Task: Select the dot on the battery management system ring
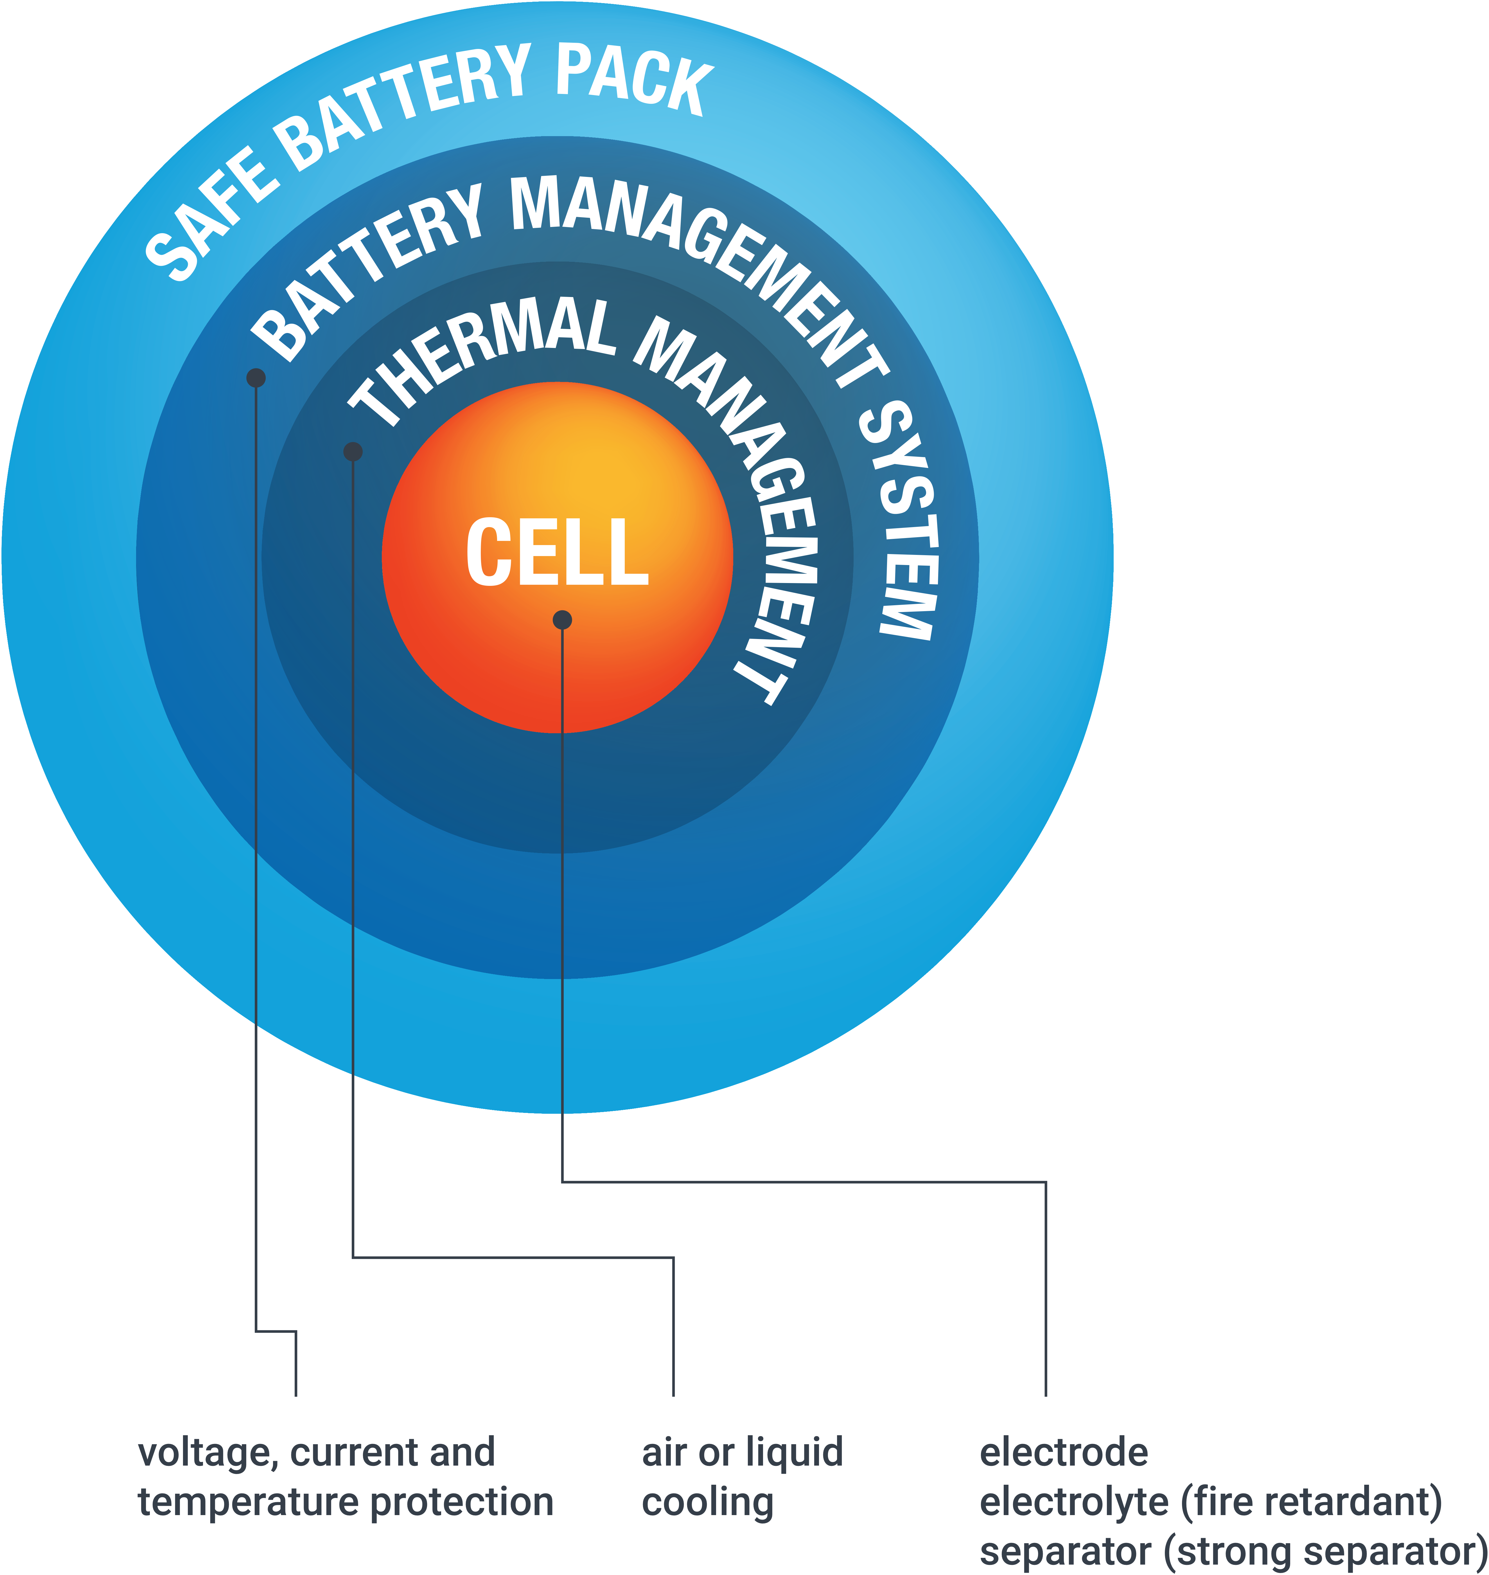pos(256,378)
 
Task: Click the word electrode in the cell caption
pos(1064,1453)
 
